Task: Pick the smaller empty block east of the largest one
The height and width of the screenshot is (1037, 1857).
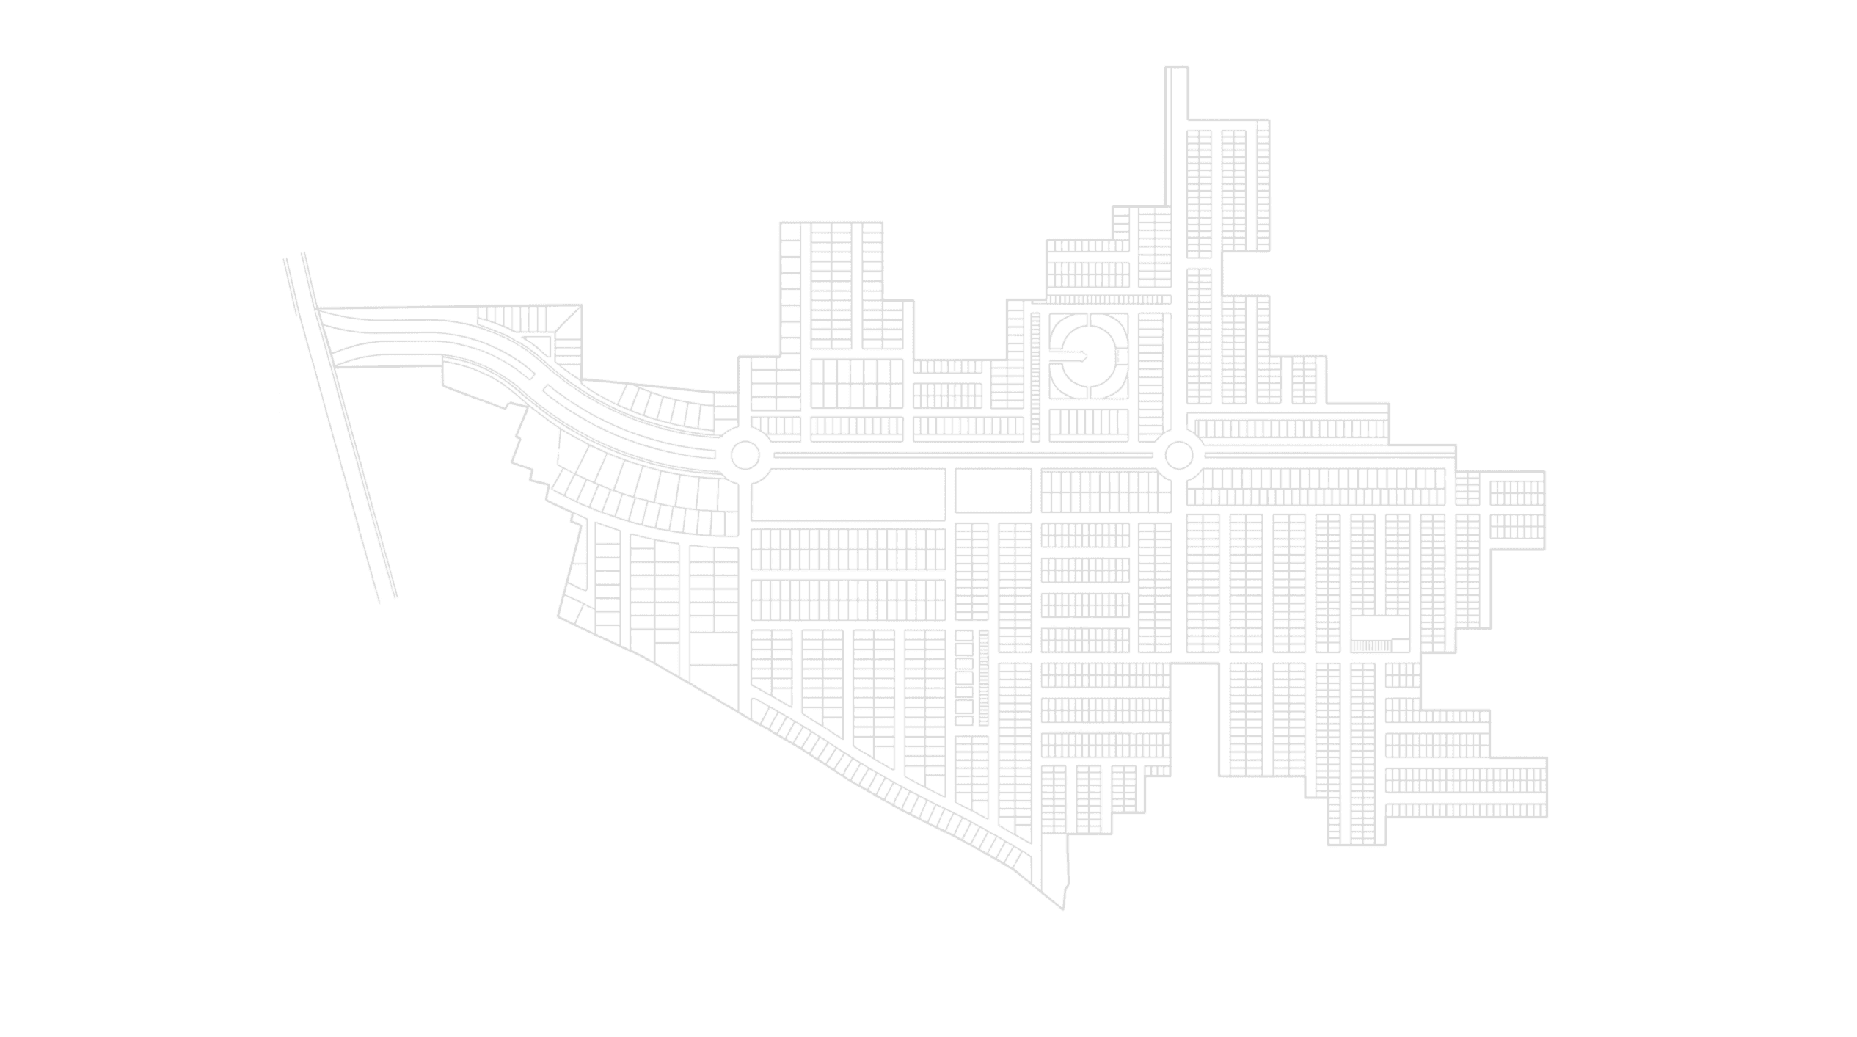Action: pos(993,490)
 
